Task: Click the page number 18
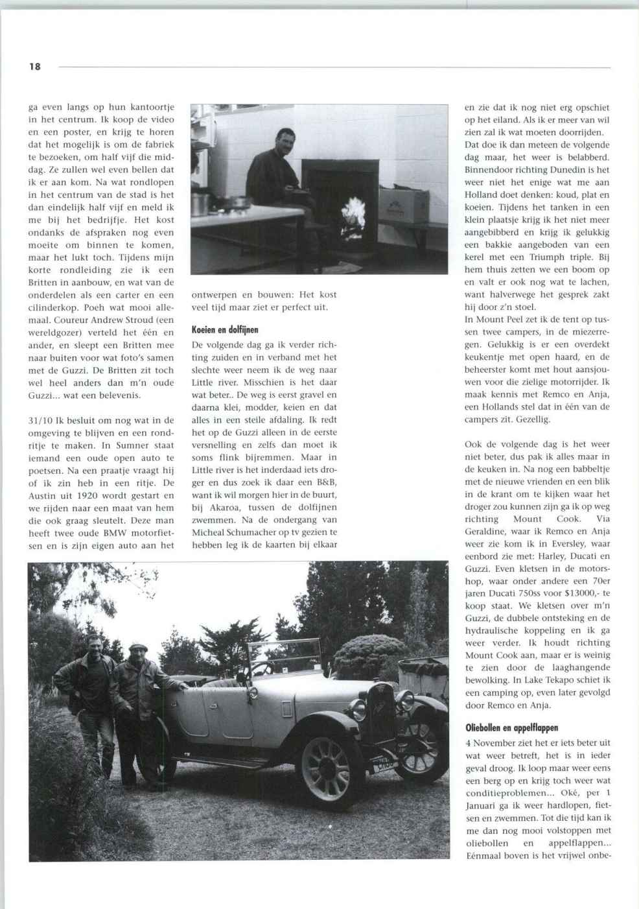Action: tap(34, 66)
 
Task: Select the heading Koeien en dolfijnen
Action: tap(225, 330)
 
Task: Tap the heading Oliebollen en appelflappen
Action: tap(511, 727)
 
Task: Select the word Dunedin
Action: tap(567, 170)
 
